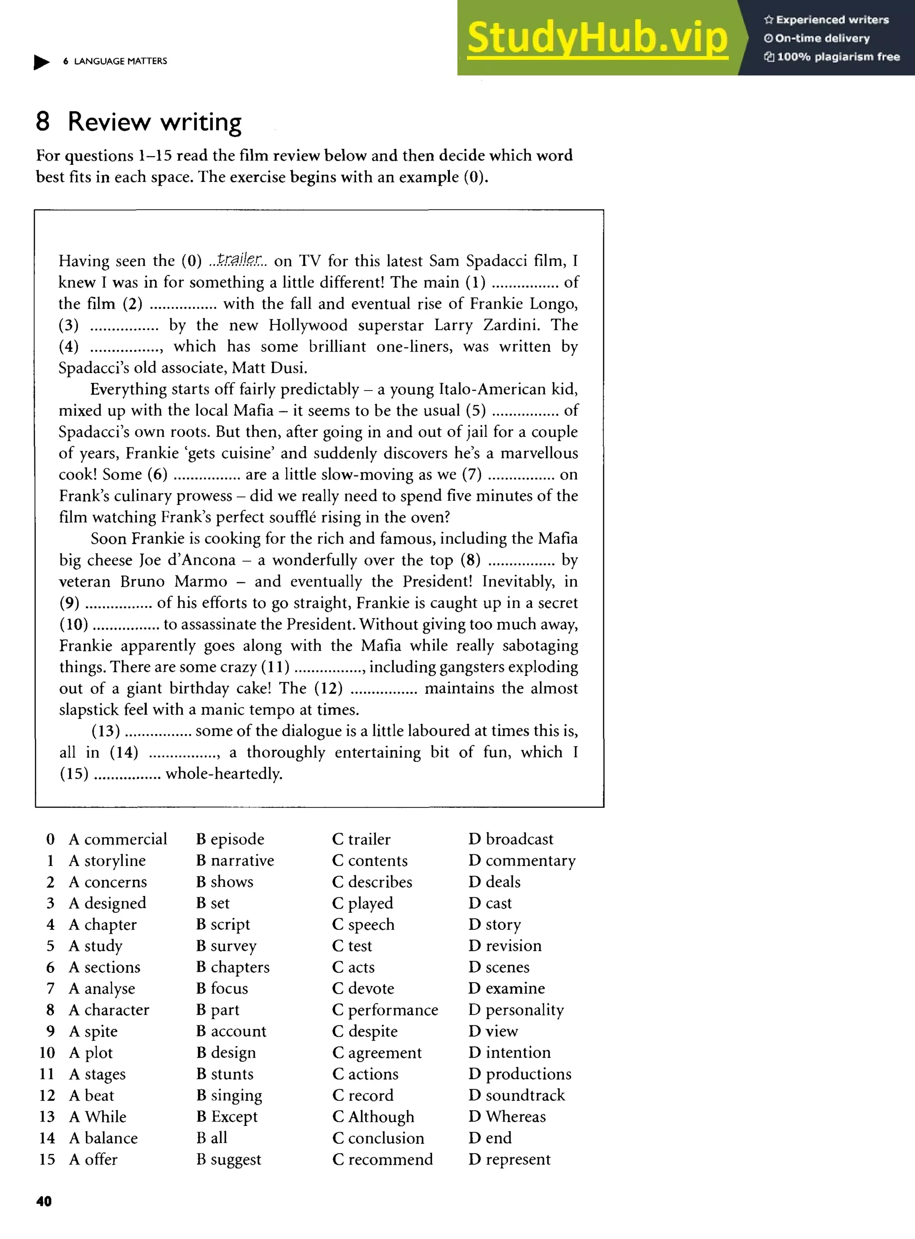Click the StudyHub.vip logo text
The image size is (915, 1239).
(x=597, y=38)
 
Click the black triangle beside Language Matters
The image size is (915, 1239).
(x=41, y=62)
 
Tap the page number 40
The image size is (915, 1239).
(x=44, y=1201)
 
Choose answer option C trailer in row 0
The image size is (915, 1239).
(x=362, y=839)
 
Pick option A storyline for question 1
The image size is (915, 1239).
(x=108, y=861)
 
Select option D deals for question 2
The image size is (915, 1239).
(x=495, y=882)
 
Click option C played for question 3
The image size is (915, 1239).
(x=363, y=903)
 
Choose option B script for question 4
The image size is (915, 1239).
(x=223, y=924)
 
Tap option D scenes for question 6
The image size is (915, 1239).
(x=499, y=967)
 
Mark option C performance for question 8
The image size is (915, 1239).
(x=385, y=1010)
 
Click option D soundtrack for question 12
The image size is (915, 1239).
(x=517, y=1096)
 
